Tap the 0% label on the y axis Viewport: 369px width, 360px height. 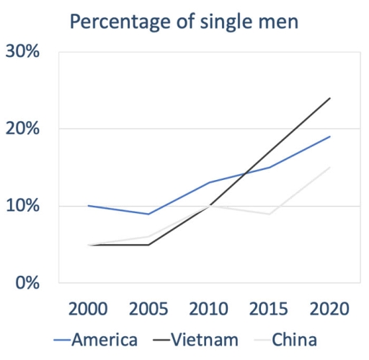pyautogui.click(x=28, y=282)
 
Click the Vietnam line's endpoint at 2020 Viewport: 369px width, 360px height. pyautogui.click(x=330, y=98)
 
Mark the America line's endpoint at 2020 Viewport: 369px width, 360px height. pyautogui.click(x=330, y=137)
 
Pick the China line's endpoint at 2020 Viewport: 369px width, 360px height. pyautogui.click(x=330, y=167)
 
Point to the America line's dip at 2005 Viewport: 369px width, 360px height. pyautogui.click(x=148, y=214)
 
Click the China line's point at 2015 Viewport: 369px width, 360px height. pyautogui.click(x=270, y=214)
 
